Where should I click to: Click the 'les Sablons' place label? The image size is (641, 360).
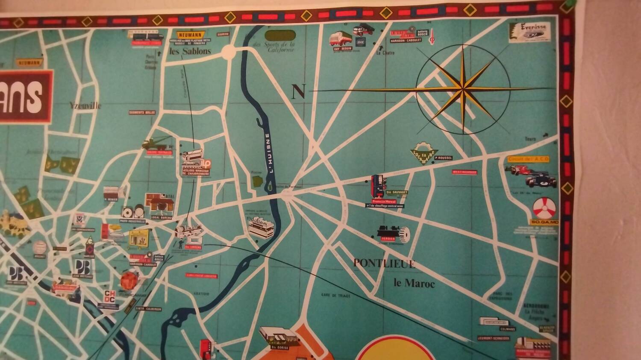(190, 51)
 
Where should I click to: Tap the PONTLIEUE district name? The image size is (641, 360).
(384, 263)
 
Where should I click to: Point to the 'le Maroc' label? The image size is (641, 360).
(414, 283)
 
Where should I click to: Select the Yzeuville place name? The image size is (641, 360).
(85, 105)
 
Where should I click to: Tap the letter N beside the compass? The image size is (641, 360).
(299, 92)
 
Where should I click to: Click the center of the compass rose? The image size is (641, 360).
(463, 89)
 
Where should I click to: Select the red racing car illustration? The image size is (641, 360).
(520, 169)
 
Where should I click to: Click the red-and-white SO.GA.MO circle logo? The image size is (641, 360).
(545, 209)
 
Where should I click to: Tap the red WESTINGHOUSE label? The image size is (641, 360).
(464, 173)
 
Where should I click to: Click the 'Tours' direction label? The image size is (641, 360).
(531, 139)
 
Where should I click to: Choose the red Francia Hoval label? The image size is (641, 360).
(385, 202)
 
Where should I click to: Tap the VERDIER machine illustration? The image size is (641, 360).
(393, 233)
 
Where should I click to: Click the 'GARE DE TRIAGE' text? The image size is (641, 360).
(335, 296)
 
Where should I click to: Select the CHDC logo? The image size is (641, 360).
(110, 296)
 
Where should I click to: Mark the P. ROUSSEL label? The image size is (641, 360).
(443, 158)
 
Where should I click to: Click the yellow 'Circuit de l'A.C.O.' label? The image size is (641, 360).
(528, 159)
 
